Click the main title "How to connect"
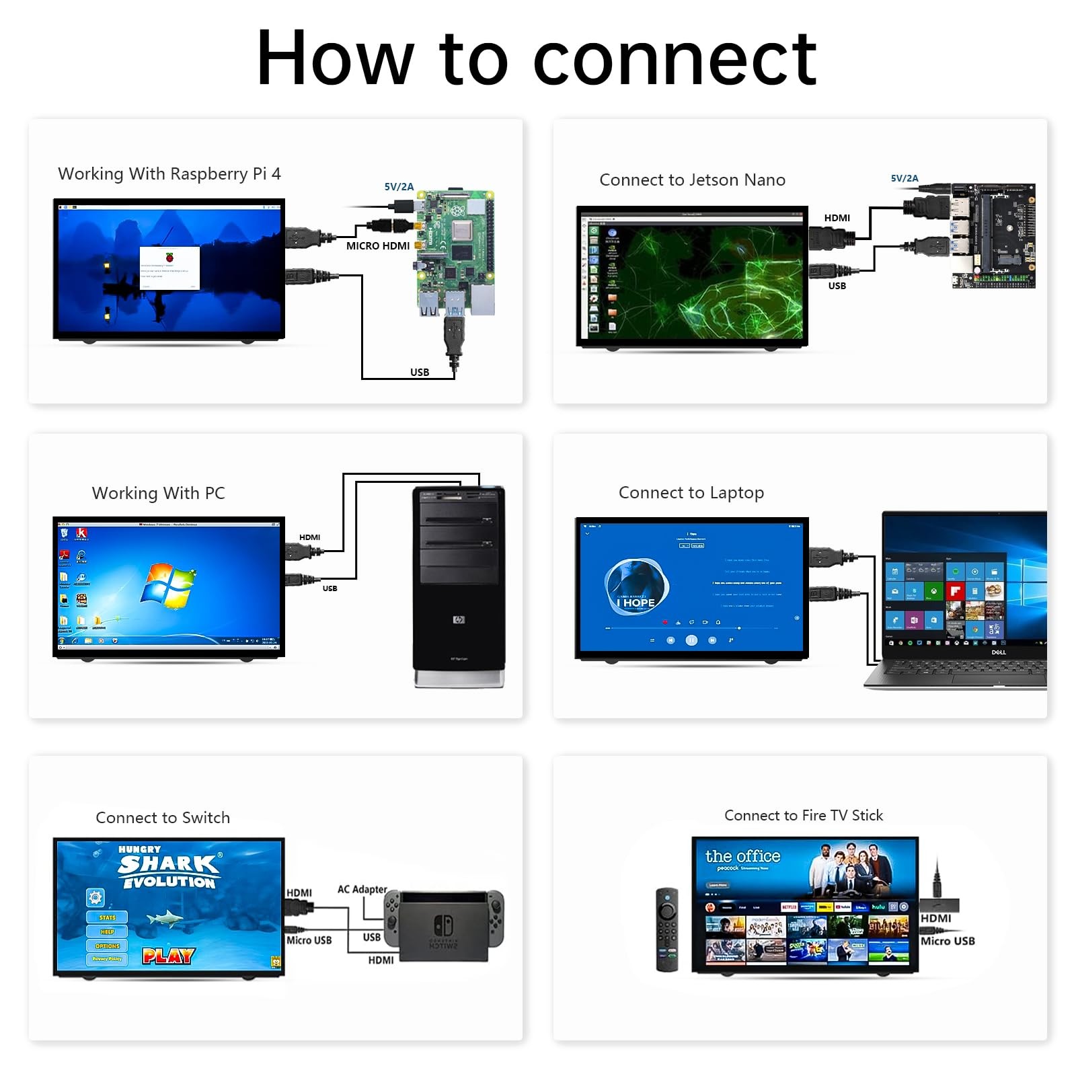(537, 59)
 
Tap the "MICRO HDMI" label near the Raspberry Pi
(377, 246)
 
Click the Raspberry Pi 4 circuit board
(455, 252)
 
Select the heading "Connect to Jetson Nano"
(692, 180)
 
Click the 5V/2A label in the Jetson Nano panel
(904, 178)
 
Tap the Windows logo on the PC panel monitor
(167, 582)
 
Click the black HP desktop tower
(459, 585)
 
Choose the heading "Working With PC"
(158, 493)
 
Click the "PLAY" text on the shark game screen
(168, 956)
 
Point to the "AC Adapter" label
(362, 889)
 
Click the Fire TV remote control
(666, 929)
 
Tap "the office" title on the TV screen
(742, 856)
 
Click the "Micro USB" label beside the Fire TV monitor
(947, 941)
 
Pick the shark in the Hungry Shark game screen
(165, 917)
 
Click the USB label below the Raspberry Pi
(420, 372)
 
